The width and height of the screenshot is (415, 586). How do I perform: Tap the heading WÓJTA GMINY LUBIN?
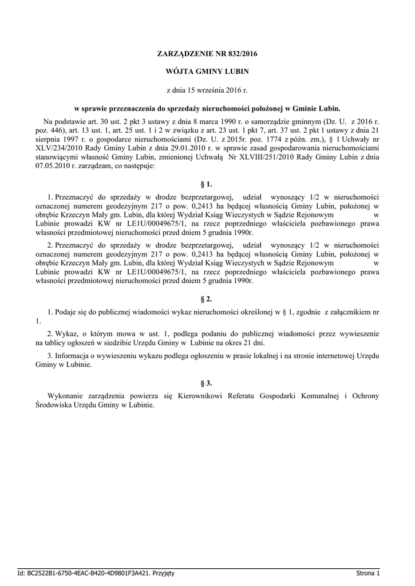click(x=207, y=72)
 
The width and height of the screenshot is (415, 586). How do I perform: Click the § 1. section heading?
click(x=207, y=184)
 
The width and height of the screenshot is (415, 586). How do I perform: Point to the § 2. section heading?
click(x=207, y=299)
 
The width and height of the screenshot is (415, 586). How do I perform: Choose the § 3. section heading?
click(x=207, y=383)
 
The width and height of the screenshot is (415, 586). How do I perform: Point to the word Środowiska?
click(x=55, y=405)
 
